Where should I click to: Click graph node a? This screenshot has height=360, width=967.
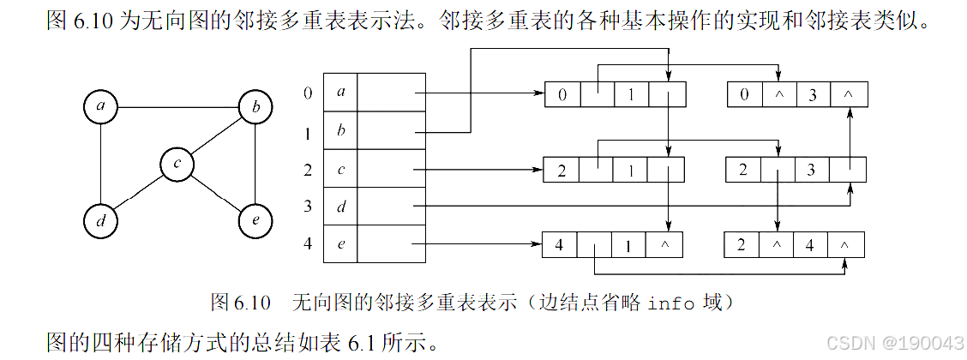pyautogui.click(x=101, y=107)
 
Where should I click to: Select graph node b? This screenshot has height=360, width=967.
pyautogui.click(x=255, y=107)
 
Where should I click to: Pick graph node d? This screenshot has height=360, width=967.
pyautogui.click(x=101, y=220)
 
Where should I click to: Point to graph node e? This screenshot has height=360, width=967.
pyautogui.click(x=255, y=220)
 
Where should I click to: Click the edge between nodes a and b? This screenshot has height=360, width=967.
pyautogui.click(x=177, y=107)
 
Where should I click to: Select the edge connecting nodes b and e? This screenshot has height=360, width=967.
pyautogui.click(x=255, y=164)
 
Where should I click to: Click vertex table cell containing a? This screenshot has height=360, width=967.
pyautogui.click(x=340, y=93)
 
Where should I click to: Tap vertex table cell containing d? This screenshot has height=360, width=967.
pyautogui.click(x=340, y=206)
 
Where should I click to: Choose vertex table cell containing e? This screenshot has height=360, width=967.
pyautogui.click(x=340, y=243)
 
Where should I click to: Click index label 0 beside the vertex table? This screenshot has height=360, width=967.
pyautogui.click(x=308, y=93)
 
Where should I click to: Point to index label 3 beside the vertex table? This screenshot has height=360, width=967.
pyautogui.click(x=308, y=206)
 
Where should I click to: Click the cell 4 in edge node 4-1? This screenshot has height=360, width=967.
pyautogui.click(x=561, y=245)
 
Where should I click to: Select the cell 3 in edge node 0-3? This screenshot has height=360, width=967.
pyautogui.click(x=812, y=94)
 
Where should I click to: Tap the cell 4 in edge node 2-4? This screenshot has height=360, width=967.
pyautogui.click(x=810, y=245)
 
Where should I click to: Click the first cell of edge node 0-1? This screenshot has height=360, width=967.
pyautogui.click(x=562, y=94)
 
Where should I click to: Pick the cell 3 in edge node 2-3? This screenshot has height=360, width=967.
pyautogui.click(x=811, y=170)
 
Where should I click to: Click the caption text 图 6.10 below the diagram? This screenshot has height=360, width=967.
pyautogui.click(x=240, y=303)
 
